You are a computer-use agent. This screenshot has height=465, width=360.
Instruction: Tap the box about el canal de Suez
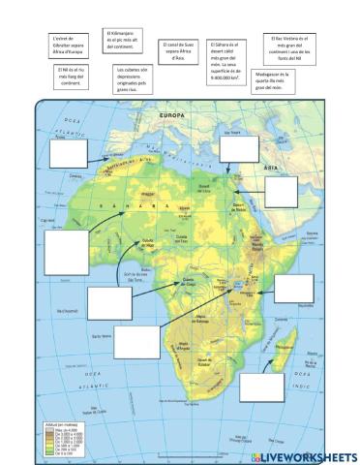pyautogui.click(x=178, y=50)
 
